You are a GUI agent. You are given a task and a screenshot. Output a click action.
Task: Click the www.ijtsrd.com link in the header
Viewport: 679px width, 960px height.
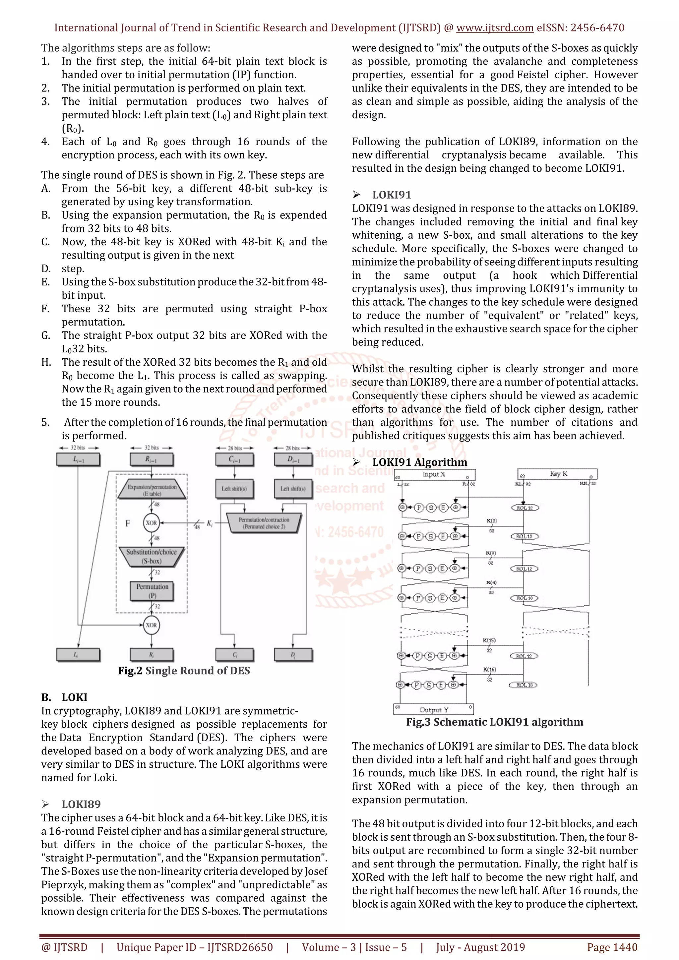(495, 28)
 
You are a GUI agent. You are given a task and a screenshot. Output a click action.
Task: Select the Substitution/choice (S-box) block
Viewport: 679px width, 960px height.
(152, 557)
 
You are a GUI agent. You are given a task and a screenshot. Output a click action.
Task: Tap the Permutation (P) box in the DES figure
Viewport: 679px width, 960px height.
(152, 591)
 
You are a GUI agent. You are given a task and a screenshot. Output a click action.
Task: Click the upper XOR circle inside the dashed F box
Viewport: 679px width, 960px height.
(152, 523)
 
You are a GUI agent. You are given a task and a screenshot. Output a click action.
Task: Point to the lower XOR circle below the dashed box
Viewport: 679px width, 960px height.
(152, 625)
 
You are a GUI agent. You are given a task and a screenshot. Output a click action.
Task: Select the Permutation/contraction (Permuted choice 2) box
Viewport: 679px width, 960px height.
(264, 523)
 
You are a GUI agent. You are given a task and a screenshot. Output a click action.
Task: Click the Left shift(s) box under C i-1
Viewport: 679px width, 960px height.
(234, 489)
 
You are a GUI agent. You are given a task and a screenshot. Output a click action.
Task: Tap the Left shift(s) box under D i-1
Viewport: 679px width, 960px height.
(293, 489)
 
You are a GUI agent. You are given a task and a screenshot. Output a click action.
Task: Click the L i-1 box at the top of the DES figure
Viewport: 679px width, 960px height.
(78, 459)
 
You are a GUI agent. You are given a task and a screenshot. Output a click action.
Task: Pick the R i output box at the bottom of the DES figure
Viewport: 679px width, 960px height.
(152, 655)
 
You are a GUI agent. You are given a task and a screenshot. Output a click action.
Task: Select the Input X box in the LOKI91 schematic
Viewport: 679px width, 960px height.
(434, 475)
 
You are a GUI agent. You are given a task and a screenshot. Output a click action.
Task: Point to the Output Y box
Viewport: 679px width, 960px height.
(434, 709)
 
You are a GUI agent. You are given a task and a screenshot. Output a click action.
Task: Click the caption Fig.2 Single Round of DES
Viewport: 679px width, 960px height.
(184, 671)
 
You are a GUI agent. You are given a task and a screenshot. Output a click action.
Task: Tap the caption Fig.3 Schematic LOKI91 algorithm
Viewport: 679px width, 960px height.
(495, 722)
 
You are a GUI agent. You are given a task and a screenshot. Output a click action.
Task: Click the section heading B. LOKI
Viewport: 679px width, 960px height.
(64, 697)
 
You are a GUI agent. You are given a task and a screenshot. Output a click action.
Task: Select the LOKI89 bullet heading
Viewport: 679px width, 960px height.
(81, 804)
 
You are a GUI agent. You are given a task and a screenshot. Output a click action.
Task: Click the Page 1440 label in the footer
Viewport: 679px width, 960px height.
(612, 947)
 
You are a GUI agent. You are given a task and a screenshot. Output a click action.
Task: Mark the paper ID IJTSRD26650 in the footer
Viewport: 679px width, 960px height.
(240, 947)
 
